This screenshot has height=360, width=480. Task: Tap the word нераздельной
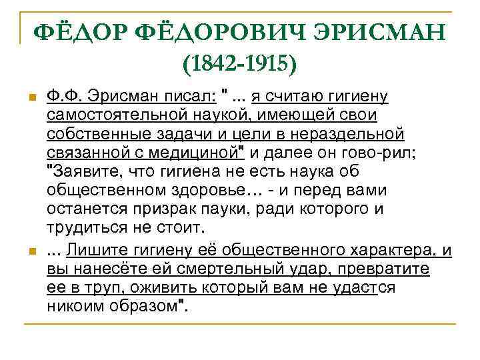coord(350,135)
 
